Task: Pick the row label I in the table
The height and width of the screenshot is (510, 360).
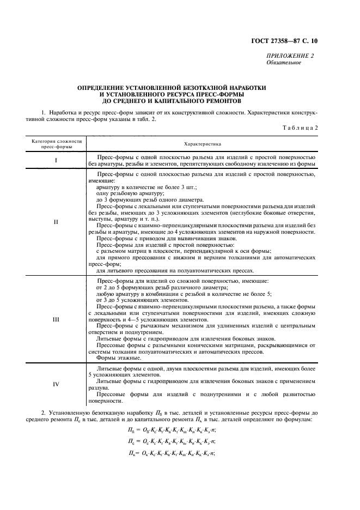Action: pos(56,160)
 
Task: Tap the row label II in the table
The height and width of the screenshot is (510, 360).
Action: pos(56,222)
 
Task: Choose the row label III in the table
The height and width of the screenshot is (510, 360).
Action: pos(56,319)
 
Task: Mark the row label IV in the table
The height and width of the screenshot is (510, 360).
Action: pos(56,384)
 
